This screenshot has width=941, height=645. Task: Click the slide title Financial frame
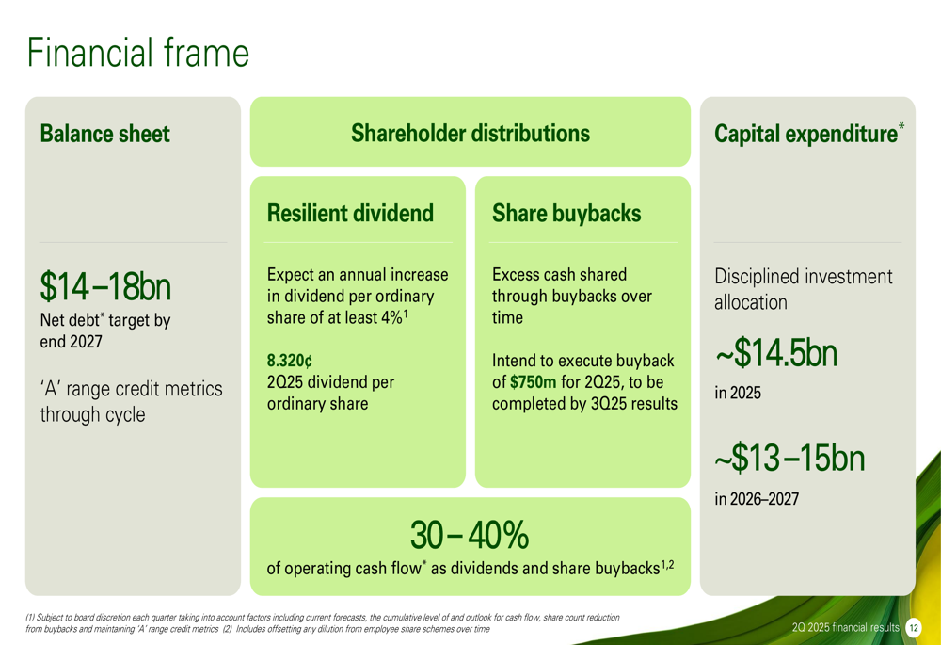[x=138, y=53]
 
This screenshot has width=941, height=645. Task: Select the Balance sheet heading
[x=105, y=134]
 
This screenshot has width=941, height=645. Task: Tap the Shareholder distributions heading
[x=470, y=134]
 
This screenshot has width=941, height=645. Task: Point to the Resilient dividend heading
[x=350, y=213]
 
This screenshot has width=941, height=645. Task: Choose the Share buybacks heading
[x=566, y=213]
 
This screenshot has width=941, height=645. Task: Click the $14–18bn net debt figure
[x=105, y=286]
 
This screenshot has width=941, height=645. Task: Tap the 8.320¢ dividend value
[x=290, y=361]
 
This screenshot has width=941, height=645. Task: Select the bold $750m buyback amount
[x=534, y=382]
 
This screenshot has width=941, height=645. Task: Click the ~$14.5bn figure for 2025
[x=776, y=352]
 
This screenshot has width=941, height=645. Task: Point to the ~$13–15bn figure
[x=789, y=459]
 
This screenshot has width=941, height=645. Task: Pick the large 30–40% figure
[x=470, y=535]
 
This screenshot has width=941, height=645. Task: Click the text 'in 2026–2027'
[x=757, y=499]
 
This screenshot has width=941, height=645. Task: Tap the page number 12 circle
[x=914, y=628]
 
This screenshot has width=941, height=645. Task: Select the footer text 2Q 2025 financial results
[x=846, y=628]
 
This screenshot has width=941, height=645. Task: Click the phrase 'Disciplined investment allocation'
[x=804, y=289]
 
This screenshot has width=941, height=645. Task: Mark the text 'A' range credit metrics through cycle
[x=132, y=401]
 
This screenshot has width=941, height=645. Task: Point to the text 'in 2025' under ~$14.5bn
[x=738, y=394]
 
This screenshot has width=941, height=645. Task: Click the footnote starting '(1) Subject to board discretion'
[x=322, y=623]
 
